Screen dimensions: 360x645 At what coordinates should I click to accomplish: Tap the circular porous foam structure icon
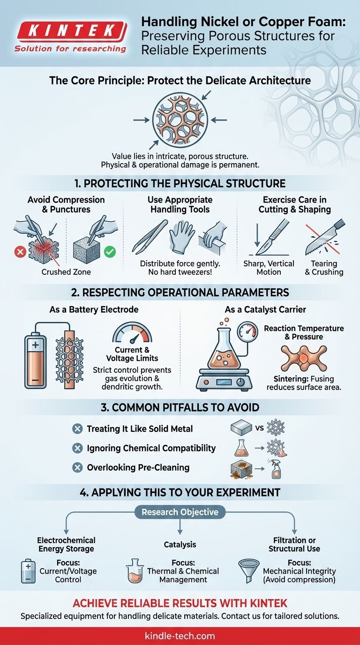point(180,120)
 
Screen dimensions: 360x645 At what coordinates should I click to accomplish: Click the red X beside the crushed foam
point(20,252)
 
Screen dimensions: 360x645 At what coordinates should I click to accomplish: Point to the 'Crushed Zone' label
point(66,272)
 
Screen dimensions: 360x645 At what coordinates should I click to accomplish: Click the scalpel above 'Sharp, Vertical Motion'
point(272,237)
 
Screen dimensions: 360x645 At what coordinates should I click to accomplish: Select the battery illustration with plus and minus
point(35,360)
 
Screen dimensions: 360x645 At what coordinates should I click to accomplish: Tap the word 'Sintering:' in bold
point(289,379)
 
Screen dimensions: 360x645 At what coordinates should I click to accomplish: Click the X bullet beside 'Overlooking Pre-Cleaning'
point(77,467)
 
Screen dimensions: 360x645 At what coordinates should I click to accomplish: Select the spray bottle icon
point(276,469)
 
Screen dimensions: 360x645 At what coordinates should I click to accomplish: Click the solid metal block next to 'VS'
point(241,428)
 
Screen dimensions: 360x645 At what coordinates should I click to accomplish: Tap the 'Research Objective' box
point(180,512)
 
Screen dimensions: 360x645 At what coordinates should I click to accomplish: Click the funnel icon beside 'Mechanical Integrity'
point(249,570)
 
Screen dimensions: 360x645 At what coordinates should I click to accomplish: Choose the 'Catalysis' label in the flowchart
point(180,545)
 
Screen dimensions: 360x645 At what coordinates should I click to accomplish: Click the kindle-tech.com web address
point(180,636)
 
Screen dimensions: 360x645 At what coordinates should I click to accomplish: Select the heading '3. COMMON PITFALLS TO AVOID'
point(180,407)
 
